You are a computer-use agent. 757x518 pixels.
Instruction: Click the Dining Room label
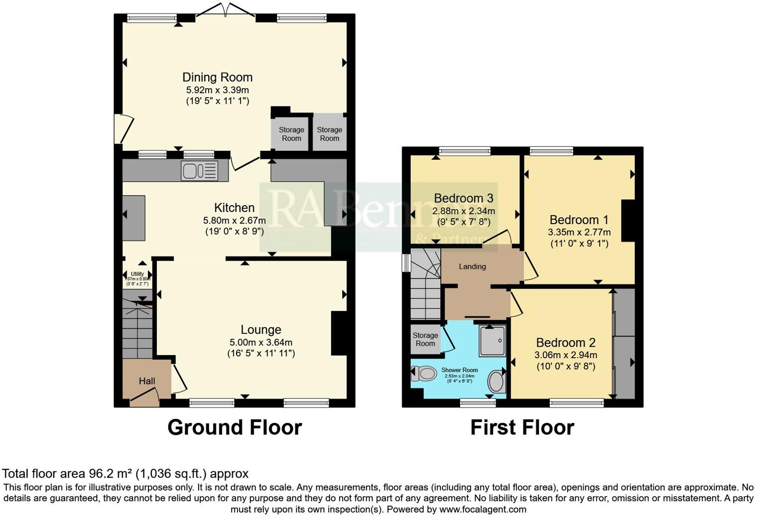[x=217, y=77]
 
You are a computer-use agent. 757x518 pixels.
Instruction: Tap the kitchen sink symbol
[x=200, y=171]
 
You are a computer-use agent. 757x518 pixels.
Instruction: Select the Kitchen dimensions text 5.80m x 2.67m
[x=234, y=220]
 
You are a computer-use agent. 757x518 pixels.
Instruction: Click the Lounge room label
[x=261, y=330]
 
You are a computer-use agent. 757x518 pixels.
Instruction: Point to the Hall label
[x=147, y=381]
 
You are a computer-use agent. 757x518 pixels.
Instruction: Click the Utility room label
[x=137, y=274]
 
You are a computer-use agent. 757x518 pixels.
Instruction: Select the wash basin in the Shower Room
[x=496, y=382]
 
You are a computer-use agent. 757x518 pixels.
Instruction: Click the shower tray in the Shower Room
[x=493, y=341]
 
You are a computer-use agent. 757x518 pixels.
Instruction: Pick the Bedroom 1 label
[x=579, y=220]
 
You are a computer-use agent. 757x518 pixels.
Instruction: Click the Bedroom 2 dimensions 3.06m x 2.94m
[x=565, y=355]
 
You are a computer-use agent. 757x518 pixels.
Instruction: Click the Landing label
[x=472, y=266]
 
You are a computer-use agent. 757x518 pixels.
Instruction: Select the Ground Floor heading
[x=235, y=427]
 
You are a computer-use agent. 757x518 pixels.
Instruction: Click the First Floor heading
[x=522, y=427]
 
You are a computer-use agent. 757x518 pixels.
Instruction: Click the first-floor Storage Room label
[x=425, y=339]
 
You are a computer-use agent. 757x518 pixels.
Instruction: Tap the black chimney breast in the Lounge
[x=339, y=333]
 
